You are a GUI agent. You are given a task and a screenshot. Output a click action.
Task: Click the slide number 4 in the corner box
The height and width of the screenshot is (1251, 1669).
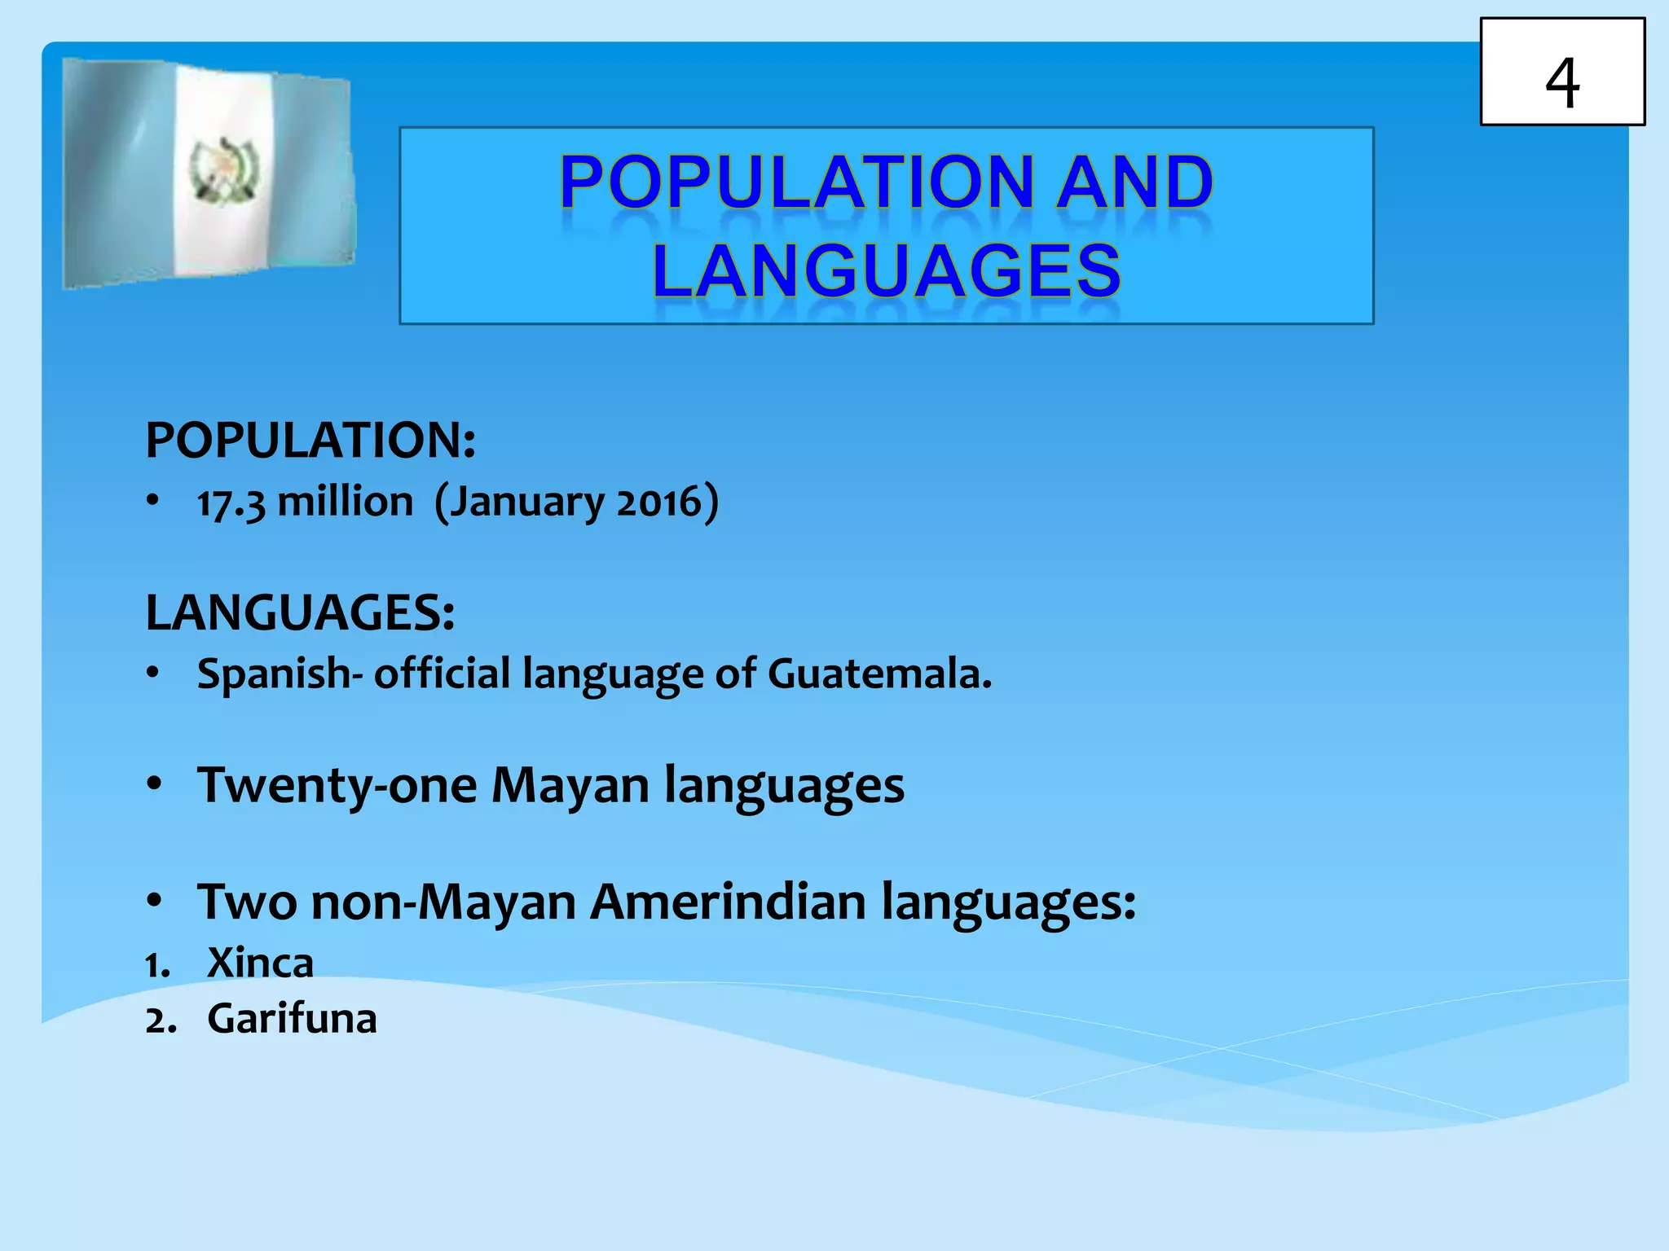point(1561,82)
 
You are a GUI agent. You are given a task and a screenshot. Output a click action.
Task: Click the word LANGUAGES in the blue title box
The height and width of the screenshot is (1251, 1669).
point(887,270)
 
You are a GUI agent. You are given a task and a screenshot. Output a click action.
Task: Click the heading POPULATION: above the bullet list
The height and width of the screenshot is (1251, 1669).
point(310,441)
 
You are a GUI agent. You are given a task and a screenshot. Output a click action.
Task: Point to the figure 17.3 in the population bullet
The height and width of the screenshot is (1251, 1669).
point(231,503)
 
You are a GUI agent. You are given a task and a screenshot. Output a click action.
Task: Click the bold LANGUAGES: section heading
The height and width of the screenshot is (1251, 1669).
point(300,612)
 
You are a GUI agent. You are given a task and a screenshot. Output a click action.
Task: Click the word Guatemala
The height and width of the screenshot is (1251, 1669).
point(879,674)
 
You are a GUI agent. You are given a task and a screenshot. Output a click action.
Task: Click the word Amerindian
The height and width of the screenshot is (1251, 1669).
point(728,902)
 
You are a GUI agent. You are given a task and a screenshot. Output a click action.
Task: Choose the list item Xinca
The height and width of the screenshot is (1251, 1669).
point(260,963)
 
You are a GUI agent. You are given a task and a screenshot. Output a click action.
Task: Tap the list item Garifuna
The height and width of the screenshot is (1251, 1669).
point(292,1019)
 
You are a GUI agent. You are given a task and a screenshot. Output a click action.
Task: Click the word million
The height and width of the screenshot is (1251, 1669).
point(346,502)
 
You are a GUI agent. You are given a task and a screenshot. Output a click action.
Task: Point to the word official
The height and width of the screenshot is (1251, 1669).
point(442,674)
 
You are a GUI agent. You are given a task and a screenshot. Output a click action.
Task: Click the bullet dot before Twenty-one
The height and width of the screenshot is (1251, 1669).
point(154,784)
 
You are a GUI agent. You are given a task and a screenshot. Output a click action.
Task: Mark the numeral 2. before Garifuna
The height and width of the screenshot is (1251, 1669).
point(161,1021)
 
